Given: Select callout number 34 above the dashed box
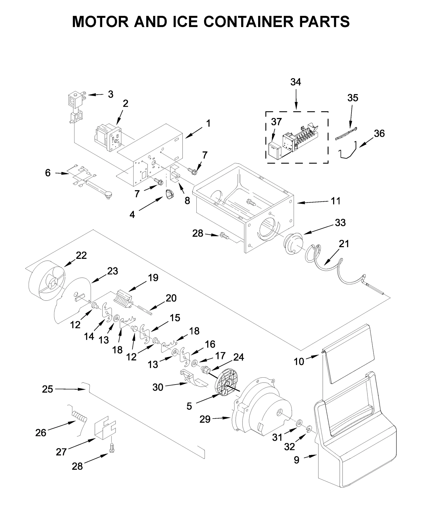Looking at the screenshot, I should (x=295, y=82).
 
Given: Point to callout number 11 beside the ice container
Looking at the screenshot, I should (x=335, y=201).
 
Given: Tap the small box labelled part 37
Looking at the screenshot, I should (x=274, y=151).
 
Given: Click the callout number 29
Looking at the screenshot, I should (x=205, y=419).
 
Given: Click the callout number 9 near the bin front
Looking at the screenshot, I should (x=296, y=460).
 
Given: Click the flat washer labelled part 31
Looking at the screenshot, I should (x=299, y=422).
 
